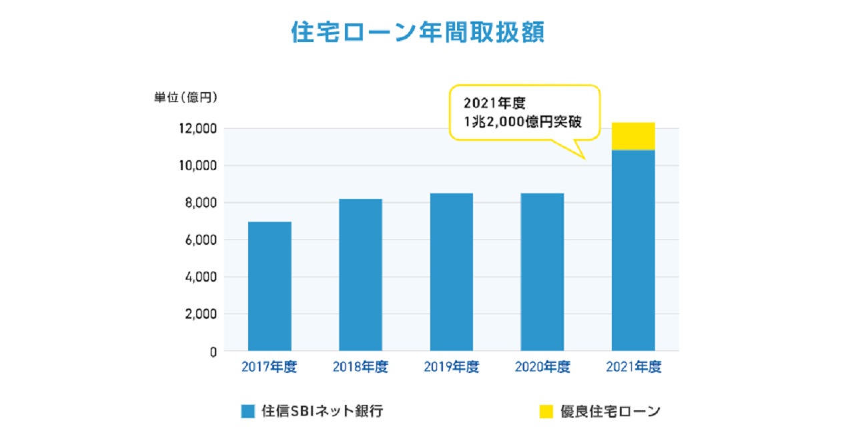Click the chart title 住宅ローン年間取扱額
[x=418, y=32]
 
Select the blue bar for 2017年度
[x=270, y=286]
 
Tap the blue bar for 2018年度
[x=360, y=275]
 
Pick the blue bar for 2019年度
[x=452, y=272]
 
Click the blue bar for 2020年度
[x=542, y=272]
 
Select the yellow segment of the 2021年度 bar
[x=633, y=137]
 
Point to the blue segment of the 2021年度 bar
[x=633, y=250]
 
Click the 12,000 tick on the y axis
[x=195, y=128]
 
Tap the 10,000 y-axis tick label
[x=195, y=165]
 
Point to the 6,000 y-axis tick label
[x=198, y=240]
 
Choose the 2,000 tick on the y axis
[x=198, y=314]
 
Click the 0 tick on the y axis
[x=212, y=352]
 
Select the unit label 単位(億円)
[x=186, y=98]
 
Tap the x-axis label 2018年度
[x=360, y=368]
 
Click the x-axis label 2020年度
[x=542, y=368]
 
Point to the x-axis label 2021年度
[x=633, y=368]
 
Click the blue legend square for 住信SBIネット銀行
[x=248, y=412]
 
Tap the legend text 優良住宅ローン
[x=610, y=412]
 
